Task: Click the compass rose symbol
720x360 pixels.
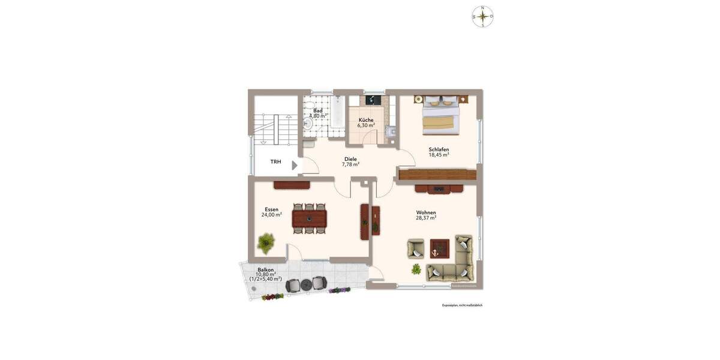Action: [x=482, y=16]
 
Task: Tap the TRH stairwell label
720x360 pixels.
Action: [x=275, y=162]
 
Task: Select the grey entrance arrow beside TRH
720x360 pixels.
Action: [x=294, y=165]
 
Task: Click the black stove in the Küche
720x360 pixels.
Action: [x=372, y=100]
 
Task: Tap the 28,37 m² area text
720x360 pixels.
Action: [x=426, y=218]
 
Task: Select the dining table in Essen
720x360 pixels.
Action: [x=310, y=219]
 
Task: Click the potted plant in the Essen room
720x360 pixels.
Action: [x=266, y=243]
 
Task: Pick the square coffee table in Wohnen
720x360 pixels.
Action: [x=440, y=247]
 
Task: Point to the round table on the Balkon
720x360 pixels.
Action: [x=306, y=284]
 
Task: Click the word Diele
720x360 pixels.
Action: [x=350, y=159]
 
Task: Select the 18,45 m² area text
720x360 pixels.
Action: [x=439, y=155]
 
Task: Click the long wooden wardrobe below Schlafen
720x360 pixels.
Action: [x=437, y=174]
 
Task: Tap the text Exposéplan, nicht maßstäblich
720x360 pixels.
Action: [x=462, y=305]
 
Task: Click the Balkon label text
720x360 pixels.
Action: [x=266, y=270]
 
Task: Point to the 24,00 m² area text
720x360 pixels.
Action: [x=272, y=214]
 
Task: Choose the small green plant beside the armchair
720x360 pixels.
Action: [x=416, y=268]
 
